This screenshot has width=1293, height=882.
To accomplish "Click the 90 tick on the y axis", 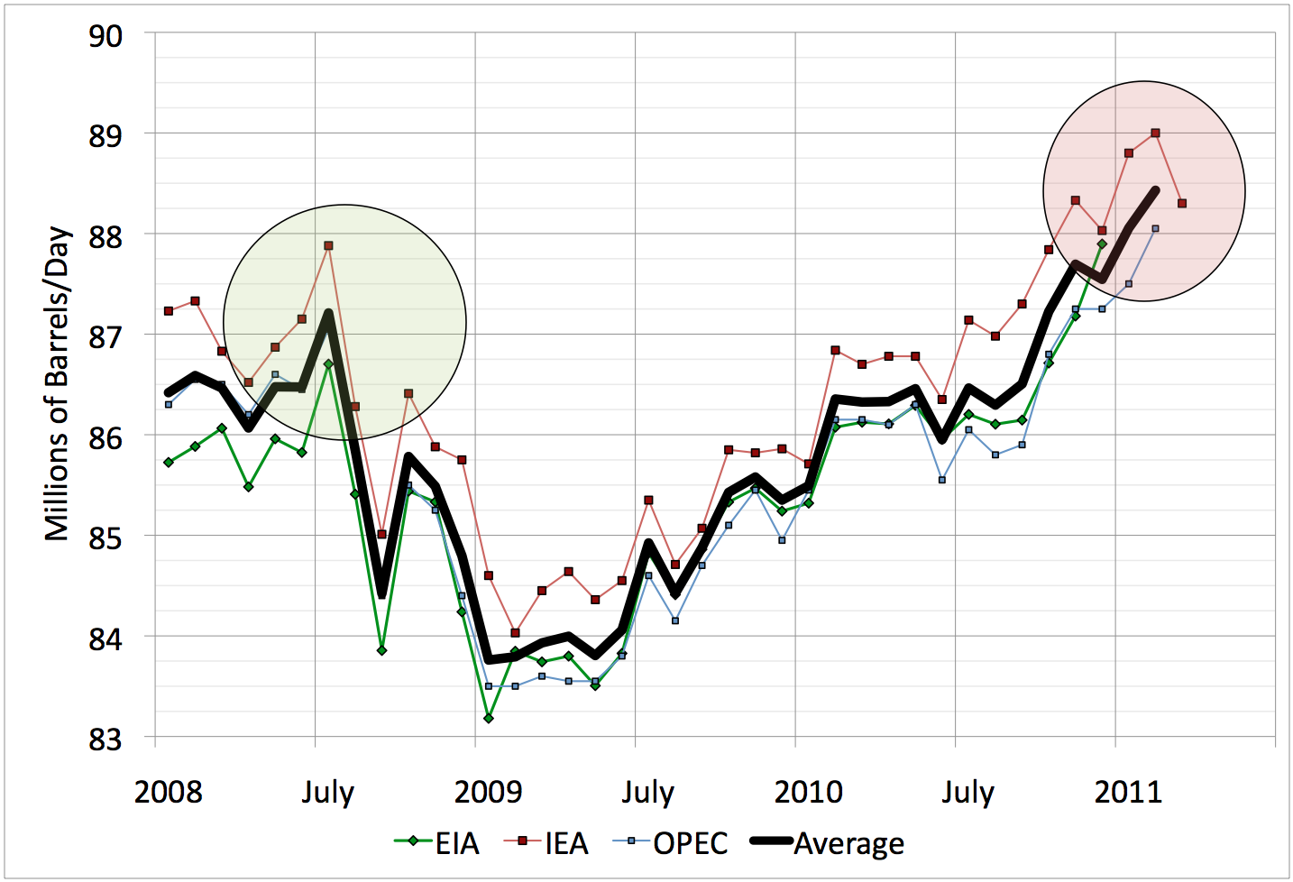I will tap(105, 36).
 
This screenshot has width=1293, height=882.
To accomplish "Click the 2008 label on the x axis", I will tap(168, 792).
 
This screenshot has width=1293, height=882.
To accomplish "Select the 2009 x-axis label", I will tap(488, 792).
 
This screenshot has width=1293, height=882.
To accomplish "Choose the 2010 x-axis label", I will tap(808, 792).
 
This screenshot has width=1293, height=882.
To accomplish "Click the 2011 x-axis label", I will tap(1128, 792).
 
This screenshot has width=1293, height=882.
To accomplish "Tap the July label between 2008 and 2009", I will tap(327, 792).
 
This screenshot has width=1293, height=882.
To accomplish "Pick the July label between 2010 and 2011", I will tap(967, 792).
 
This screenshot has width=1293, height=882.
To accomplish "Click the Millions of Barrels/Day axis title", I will tap(57, 383).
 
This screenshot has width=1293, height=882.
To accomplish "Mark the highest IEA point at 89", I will tap(1155, 133).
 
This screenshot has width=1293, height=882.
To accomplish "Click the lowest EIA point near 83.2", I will tap(488, 718).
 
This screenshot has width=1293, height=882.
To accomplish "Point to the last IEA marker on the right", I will tap(1182, 204).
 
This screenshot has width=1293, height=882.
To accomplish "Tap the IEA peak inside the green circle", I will tap(328, 245).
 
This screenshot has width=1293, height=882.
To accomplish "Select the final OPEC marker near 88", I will tap(1155, 229).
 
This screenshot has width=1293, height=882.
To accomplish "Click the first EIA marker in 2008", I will tap(168, 462).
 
